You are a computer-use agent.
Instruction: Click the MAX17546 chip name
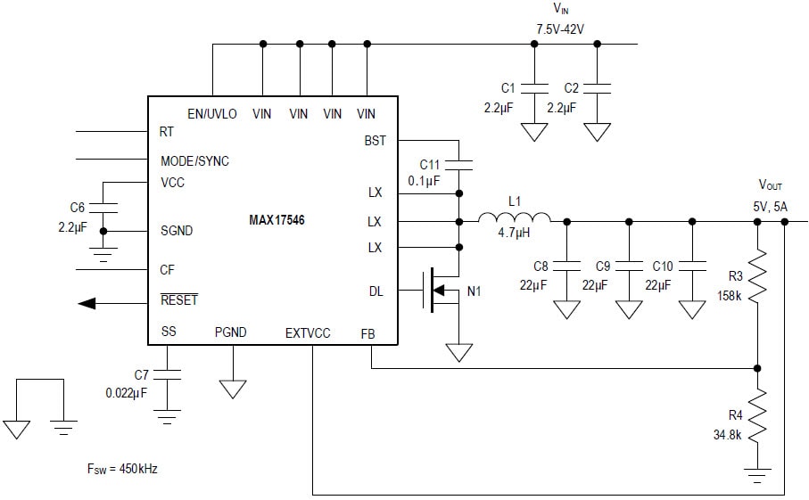pyautogui.click(x=277, y=220)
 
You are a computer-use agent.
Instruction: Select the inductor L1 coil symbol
pyautogui.click(x=515, y=220)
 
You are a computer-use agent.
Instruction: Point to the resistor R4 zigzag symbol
pyautogui.click(x=757, y=419)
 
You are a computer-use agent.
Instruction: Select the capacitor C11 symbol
pyautogui.click(x=458, y=165)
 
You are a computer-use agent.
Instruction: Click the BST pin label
pyautogui.click(x=376, y=141)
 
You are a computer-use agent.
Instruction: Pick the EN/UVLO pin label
pyautogui.click(x=212, y=114)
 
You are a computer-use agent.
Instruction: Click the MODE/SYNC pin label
pyautogui.click(x=194, y=161)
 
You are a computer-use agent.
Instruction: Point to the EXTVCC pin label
pyautogui.click(x=308, y=332)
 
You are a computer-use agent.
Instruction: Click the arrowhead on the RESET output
pyautogui.click(x=87, y=303)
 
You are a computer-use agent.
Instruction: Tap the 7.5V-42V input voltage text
pyautogui.click(x=560, y=29)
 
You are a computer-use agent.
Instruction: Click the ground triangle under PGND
pyautogui.click(x=233, y=389)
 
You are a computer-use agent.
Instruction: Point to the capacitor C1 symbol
pyautogui.click(x=534, y=89)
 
